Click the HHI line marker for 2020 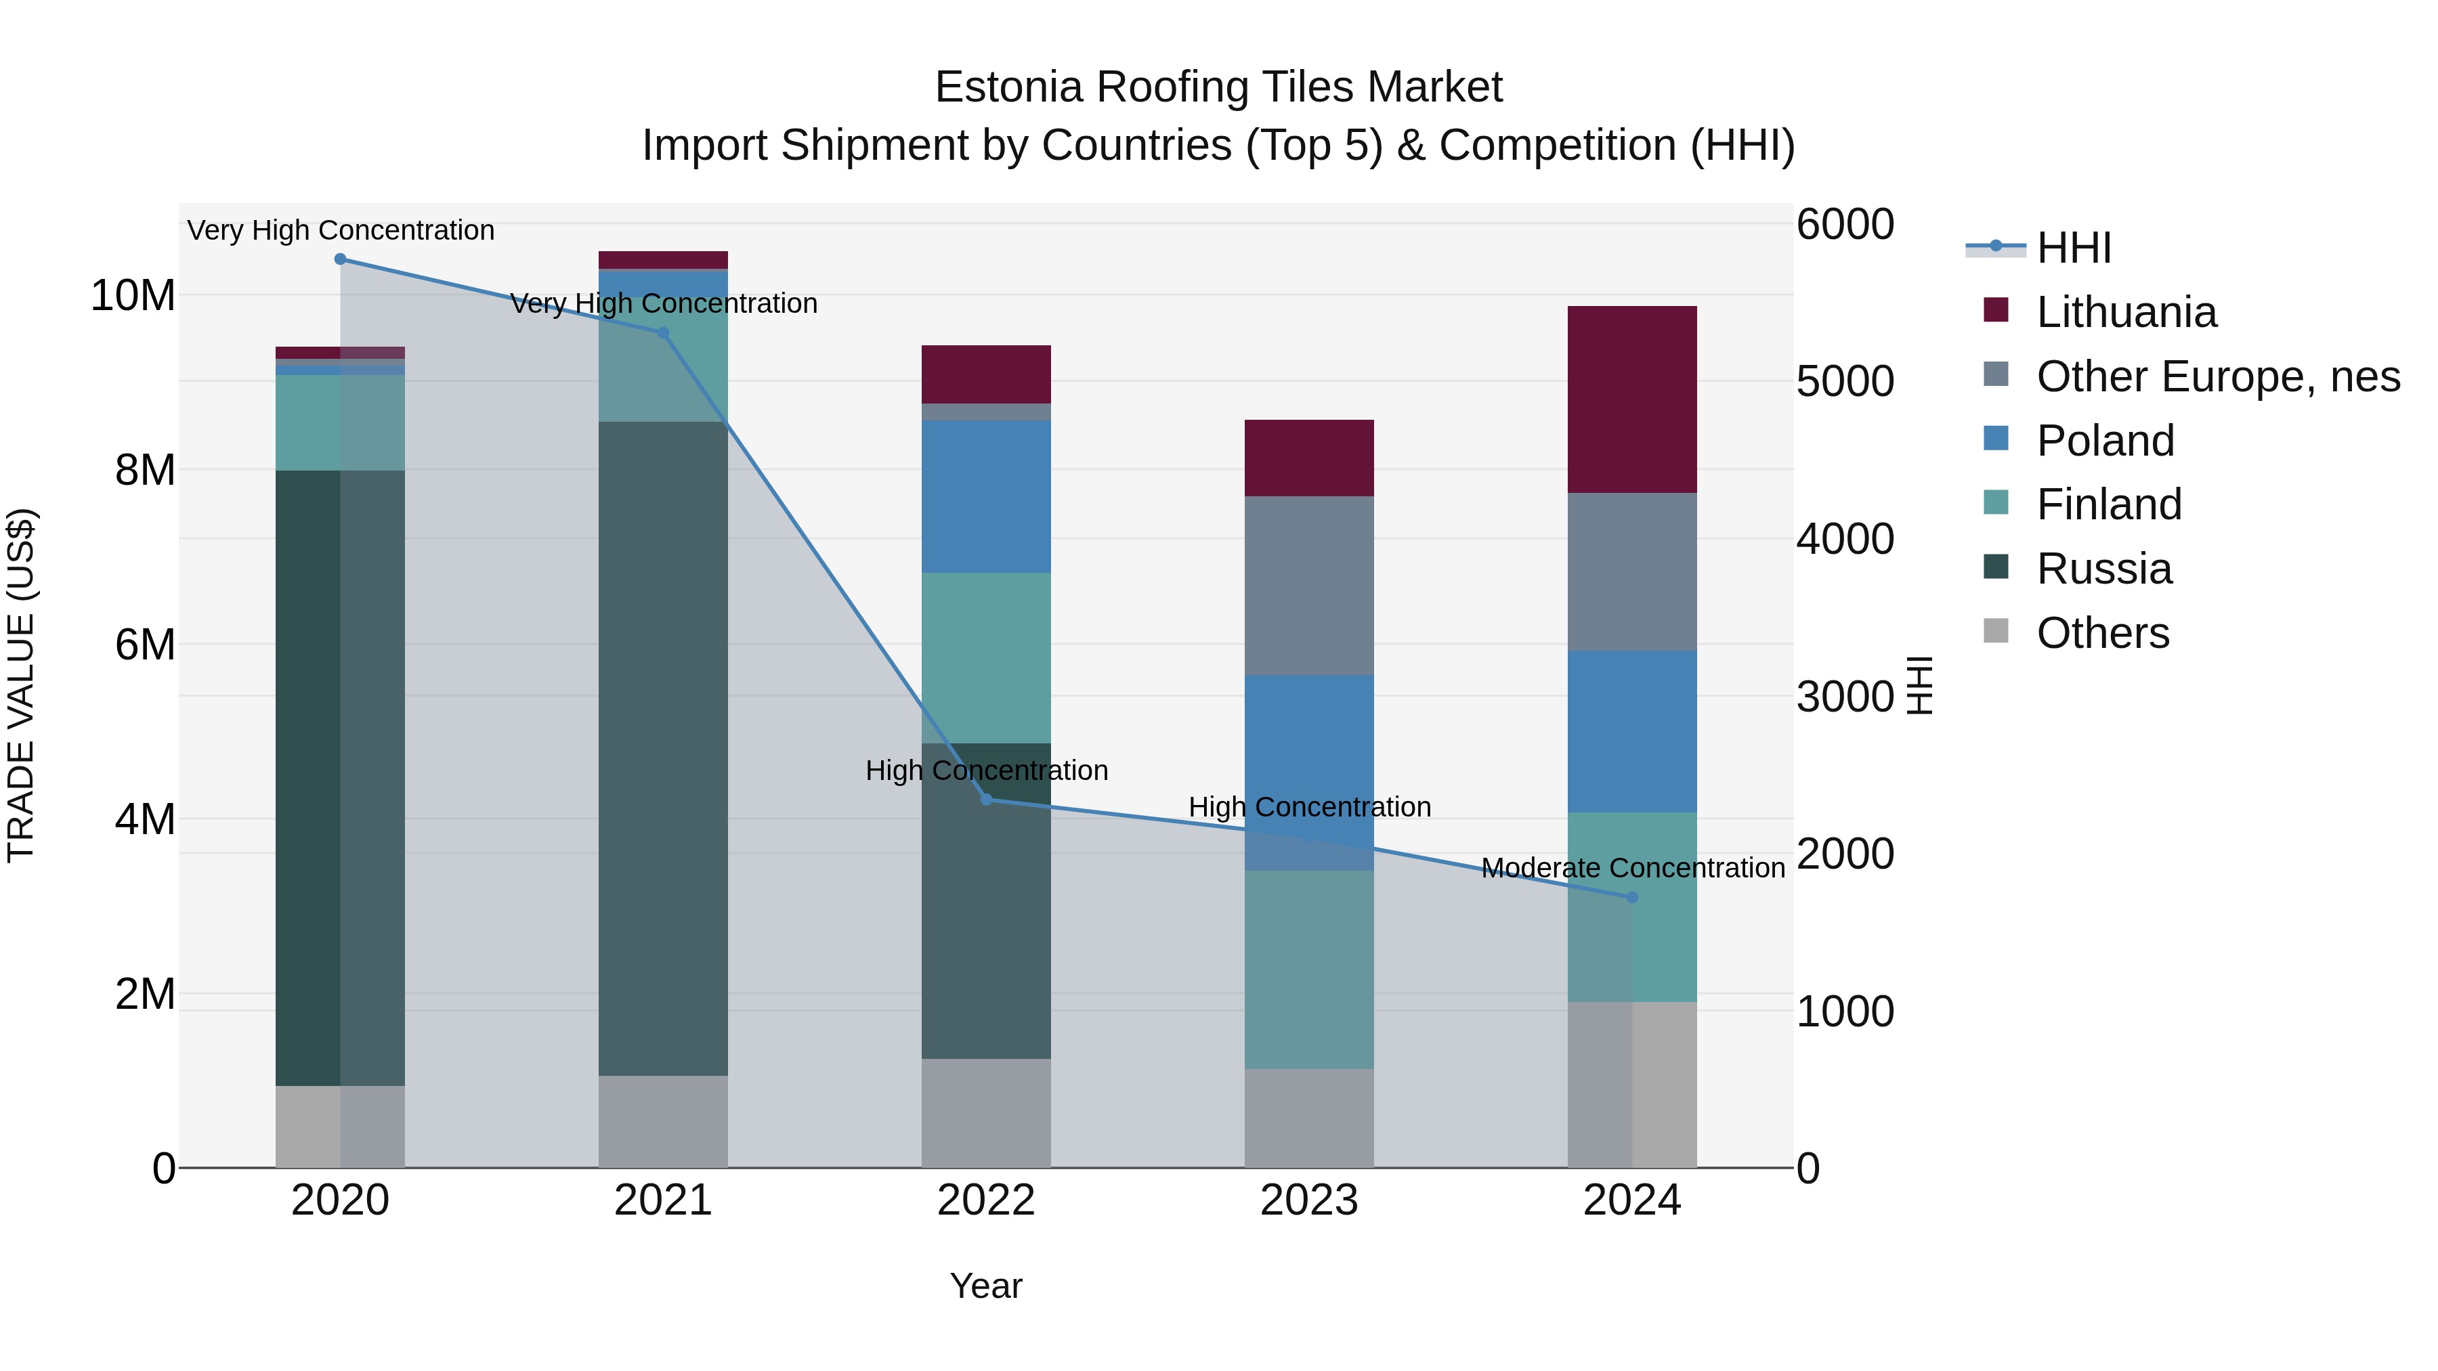[x=341, y=259]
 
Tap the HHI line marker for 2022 [x=986, y=800]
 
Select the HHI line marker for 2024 [x=1631, y=897]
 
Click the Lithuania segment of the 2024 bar [x=1631, y=399]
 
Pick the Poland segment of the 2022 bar [x=986, y=497]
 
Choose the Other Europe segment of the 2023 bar [x=1309, y=586]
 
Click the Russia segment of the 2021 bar [x=662, y=747]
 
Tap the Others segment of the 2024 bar [x=1631, y=1085]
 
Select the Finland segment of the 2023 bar [x=1309, y=970]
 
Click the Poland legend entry [x=2105, y=441]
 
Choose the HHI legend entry [x=2073, y=248]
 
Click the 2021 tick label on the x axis [x=662, y=1200]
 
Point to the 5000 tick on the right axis [x=1845, y=381]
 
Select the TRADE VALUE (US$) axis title [x=21, y=685]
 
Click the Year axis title [x=986, y=1286]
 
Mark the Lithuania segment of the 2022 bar [x=986, y=374]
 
